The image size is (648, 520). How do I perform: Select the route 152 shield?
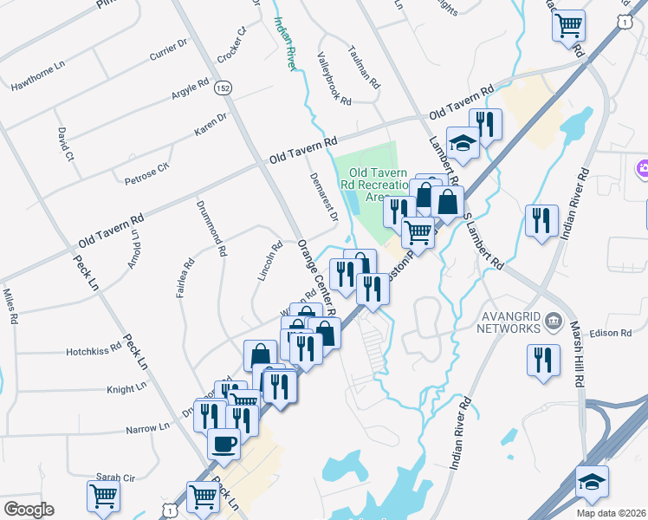click(224, 88)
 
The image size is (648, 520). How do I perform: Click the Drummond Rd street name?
click(211, 229)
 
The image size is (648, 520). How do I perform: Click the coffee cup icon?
click(224, 445)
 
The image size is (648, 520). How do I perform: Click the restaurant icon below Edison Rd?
click(542, 360)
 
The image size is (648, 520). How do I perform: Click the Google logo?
click(28, 510)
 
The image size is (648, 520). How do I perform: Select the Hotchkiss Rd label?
click(94, 352)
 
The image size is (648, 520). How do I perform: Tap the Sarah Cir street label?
click(115, 478)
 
